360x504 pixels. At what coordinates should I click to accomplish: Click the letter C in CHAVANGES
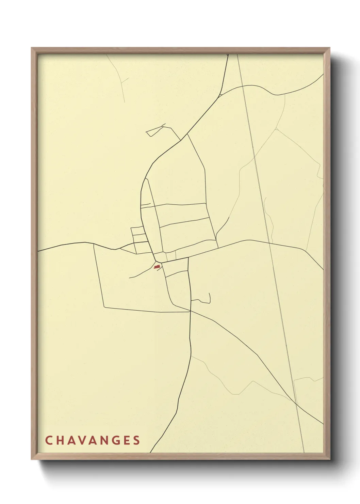(x=48, y=440)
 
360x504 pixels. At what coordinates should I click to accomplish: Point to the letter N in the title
(x=103, y=440)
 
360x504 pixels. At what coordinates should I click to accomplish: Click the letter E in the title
(x=126, y=440)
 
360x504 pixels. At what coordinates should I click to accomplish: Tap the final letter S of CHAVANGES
(x=136, y=440)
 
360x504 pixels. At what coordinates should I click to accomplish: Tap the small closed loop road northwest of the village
(x=155, y=131)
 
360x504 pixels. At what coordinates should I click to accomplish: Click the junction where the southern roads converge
(x=190, y=311)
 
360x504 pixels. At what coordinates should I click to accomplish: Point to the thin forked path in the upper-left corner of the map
(x=121, y=82)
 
